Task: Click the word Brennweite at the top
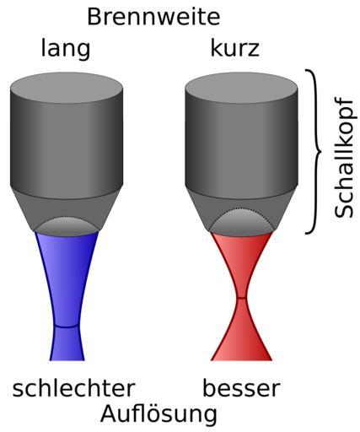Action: (x=153, y=17)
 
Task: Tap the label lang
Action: (x=66, y=49)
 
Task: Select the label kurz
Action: (x=234, y=48)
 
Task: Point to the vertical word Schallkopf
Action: (x=343, y=158)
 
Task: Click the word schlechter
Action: (x=73, y=388)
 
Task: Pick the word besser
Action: (x=241, y=388)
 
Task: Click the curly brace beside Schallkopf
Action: (x=313, y=151)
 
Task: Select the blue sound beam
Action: (x=67, y=295)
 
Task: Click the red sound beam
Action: (x=242, y=295)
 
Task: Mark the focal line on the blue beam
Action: (x=66, y=327)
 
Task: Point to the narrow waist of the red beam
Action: (x=241, y=298)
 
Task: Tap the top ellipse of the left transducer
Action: (x=67, y=88)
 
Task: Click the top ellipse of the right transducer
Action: (x=241, y=88)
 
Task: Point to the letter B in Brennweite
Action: (x=94, y=17)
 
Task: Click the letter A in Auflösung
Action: (x=109, y=413)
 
